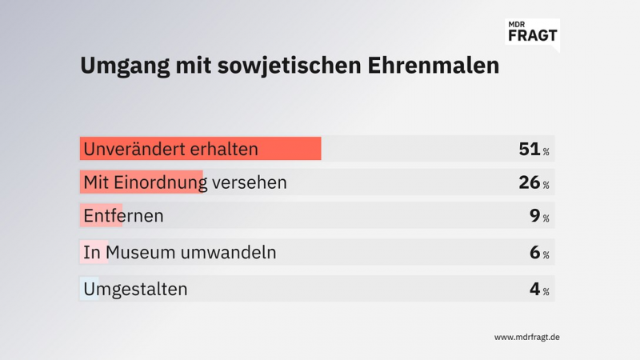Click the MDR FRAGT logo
(533, 33)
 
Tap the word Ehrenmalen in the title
(439, 66)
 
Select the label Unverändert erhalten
(171, 149)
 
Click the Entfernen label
(124, 216)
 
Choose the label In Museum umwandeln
(180, 253)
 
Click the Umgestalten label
(136, 289)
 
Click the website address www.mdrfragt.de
(526, 337)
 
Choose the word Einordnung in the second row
(163, 182)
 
